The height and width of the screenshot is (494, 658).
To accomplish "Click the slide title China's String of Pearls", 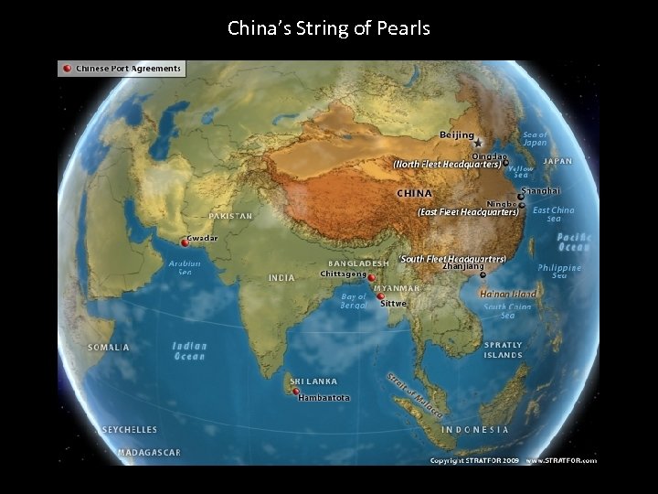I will pos(329,28).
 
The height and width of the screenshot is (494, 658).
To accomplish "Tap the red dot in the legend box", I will pos(67,69).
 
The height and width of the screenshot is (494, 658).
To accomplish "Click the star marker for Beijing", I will pos(477,144).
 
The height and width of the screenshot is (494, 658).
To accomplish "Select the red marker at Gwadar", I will pos(185,243).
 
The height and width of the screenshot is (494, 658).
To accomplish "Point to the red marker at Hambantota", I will pos(296,392).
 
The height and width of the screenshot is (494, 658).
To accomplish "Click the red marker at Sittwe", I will pos(380,295).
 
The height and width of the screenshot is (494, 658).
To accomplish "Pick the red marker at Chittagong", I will pos(371,277).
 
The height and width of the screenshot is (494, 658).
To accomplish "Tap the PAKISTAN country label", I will pos(230,216).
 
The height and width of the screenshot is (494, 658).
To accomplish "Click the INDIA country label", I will pos(281,277).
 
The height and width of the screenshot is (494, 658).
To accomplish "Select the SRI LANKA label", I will pos(313,381).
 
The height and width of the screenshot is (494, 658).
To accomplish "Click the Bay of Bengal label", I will pos(354,300).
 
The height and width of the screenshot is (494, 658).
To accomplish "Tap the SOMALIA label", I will pos(109,348).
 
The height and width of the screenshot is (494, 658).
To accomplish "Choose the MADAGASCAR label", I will pos(149,452).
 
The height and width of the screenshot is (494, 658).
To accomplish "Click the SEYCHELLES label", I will pos(130,429).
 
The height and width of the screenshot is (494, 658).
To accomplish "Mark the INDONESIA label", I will pos(475,429).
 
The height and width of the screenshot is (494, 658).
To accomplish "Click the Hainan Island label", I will pos(507,295).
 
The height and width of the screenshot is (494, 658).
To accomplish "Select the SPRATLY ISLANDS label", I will pos(504,349).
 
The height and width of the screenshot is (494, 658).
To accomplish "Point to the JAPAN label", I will pos(557,161).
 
